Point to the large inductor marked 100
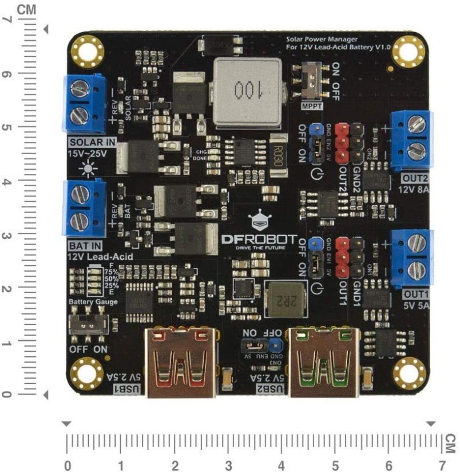[x=247, y=93]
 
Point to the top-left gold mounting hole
[x=88, y=49]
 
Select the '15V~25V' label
[x=91, y=154]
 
